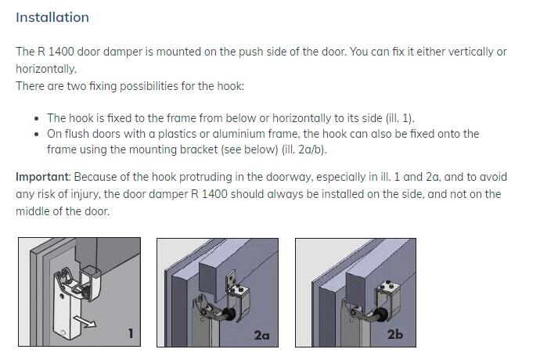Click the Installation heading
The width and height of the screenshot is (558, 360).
point(52,17)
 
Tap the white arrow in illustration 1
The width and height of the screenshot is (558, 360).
point(85,321)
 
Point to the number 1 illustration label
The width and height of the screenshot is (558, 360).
point(131,333)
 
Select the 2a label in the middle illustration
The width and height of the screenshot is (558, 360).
point(261,335)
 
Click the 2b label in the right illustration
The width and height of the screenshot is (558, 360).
point(395,334)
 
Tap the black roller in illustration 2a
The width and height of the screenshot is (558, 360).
point(230,315)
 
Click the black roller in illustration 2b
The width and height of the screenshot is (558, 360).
point(381,315)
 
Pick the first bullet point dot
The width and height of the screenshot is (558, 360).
point(36,118)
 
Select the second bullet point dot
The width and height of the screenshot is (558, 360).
point(36,135)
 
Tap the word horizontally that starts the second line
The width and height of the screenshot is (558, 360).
point(46,69)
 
